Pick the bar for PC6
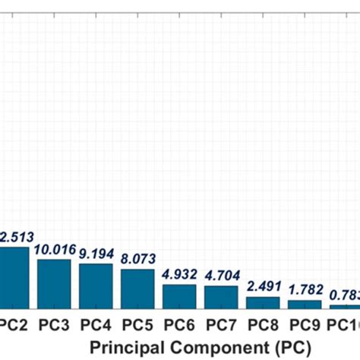pyautogui.click(x=179, y=295)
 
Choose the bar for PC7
pyautogui.click(x=221, y=296)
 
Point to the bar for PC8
pyautogui.click(x=263, y=302)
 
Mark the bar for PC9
pyautogui.click(x=305, y=303)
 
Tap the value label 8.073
pyautogui.click(x=137, y=260)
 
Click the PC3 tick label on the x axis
pyautogui.click(x=54, y=324)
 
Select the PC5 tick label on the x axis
pyautogui.click(x=137, y=324)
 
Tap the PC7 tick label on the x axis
pyautogui.click(x=221, y=324)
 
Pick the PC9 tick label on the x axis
pyautogui.click(x=305, y=324)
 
